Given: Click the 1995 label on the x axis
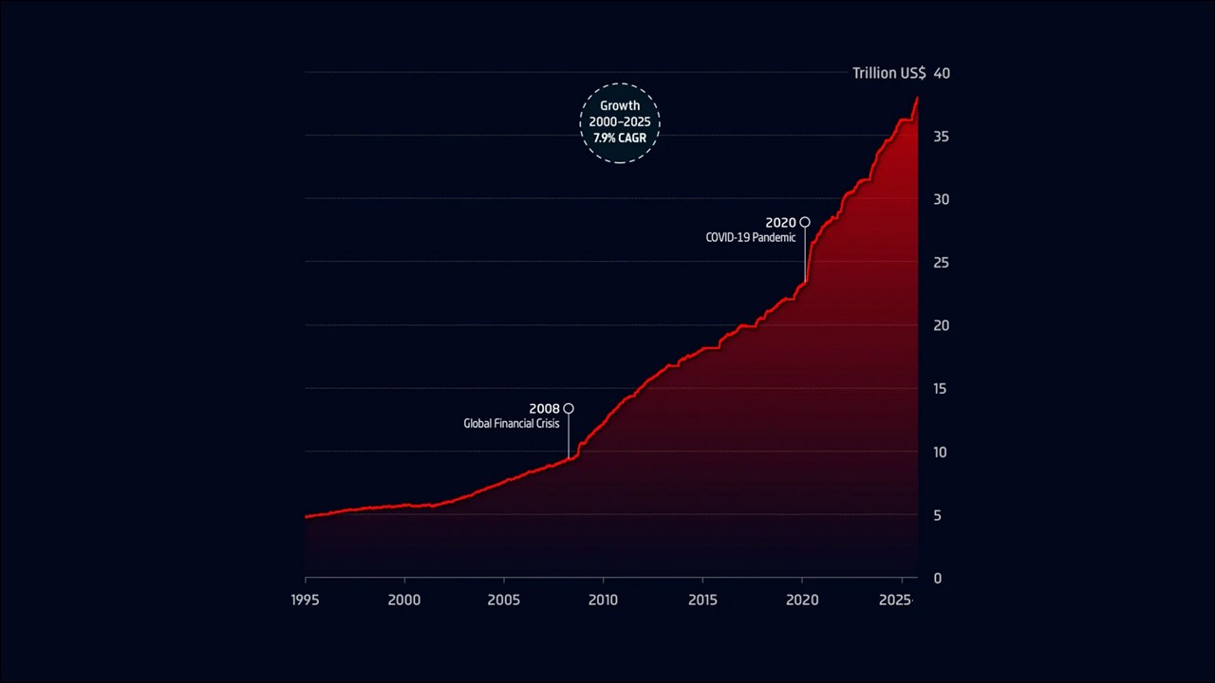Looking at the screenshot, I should pyautogui.click(x=306, y=600).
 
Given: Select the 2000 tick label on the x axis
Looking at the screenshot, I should pyautogui.click(x=404, y=600).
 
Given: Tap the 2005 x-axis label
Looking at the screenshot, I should pyautogui.click(x=503, y=600).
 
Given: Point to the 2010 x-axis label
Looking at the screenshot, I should pyautogui.click(x=603, y=600).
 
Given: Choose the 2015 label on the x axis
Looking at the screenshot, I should pyautogui.click(x=702, y=600).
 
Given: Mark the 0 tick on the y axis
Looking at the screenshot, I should pyautogui.click(x=938, y=578).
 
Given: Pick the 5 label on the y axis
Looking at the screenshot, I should pyautogui.click(x=938, y=515).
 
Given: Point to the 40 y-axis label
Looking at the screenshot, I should pyautogui.click(x=942, y=73).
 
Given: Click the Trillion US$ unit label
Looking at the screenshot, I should pyautogui.click(x=888, y=73).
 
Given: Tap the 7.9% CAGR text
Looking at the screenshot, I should pyautogui.click(x=620, y=138).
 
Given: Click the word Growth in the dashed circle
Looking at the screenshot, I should pyautogui.click(x=620, y=106).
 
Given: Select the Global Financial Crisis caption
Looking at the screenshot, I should pyautogui.click(x=512, y=424).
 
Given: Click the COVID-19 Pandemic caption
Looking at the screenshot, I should pyautogui.click(x=751, y=238).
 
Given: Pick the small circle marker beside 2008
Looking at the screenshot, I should pyautogui.click(x=569, y=409).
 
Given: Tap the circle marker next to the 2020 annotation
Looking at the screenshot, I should pyautogui.click(x=805, y=222).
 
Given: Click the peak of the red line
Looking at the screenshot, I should pyautogui.click(x=917, y=98).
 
